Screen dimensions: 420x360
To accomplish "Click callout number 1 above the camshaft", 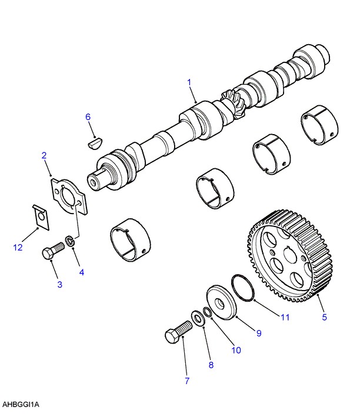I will (x=189, y=83).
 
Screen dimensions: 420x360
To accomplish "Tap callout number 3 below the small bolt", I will (x=59, y=285).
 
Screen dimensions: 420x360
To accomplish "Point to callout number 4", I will (x=82, y=272).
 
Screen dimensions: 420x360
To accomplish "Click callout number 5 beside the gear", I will (x=324, y=318).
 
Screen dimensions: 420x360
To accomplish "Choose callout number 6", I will (x=88, y=117).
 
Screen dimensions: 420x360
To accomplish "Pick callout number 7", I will (x=187, y=381).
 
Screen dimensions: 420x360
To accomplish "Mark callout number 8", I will (x=211, y=364).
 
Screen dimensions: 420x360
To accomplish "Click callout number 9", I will (x=258, y=334).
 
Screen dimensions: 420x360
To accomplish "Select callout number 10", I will (x=235, y=350).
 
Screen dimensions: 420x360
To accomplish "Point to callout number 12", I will (x=18, y=248).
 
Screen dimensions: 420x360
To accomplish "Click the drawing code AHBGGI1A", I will (x=22, y=405).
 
